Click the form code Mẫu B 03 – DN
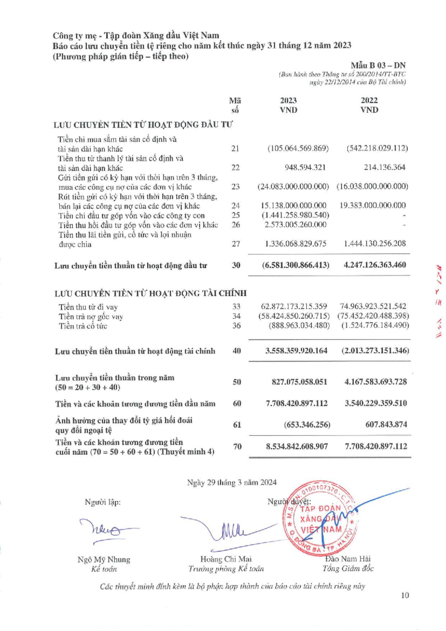point(378,66)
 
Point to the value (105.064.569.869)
point(298,148)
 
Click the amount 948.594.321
point(305,167)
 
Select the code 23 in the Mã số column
point(236,187)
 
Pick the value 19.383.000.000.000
point(373,206)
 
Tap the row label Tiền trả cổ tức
point(83,326)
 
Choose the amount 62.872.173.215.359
point(294,307)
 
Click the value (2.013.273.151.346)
point(375,351)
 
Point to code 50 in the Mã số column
point(237,382)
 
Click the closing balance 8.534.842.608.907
point(297,446)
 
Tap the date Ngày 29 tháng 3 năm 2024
point(232,483)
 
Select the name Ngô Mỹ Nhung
point(104,560)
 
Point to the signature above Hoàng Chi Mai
point(230,531)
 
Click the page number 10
point(405,595)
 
